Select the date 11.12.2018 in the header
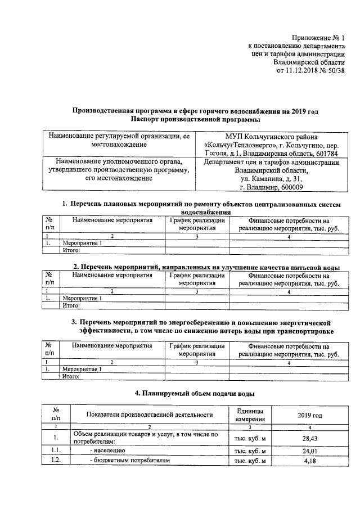pyautogui.click(x=303, y=71)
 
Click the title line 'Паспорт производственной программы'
pyautogui.click(x=195, y=120)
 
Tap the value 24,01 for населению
pyautogui.click(x=310, y=451)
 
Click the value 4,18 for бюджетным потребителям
pyautogui.click(x=310, y=461)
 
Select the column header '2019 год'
pyautogui.click(x=310, y=415)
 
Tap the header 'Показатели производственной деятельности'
pyautogui.click(x=150, y=415)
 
